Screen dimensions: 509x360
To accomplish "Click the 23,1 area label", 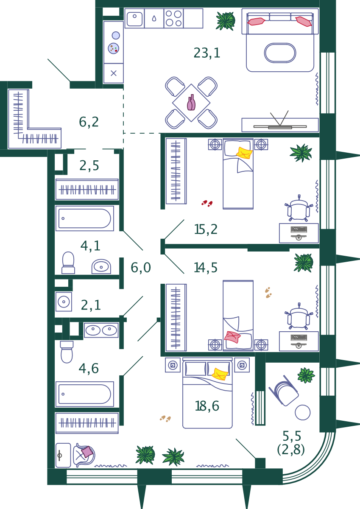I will (x=207, y=53).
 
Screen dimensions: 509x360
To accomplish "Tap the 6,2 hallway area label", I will (x=89, y=122).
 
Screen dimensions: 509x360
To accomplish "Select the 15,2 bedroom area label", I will (x=206, y=229).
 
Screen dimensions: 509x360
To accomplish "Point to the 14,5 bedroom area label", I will (x=206, y=268).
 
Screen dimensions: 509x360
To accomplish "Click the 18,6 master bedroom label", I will (x=207, y=406).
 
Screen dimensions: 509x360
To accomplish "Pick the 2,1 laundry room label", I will (x=91, y=305).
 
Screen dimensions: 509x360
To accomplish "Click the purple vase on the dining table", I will (x=191, y=103).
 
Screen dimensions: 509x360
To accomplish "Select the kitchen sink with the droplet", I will (x=154, y=19).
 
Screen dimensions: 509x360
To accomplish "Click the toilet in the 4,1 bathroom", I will (x=68, y=263).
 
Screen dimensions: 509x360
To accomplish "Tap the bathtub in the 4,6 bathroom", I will (x=84, y=394).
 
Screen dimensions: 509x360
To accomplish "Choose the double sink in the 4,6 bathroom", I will (x=101, y=330).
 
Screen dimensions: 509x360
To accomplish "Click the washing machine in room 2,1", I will (x=64, y=302).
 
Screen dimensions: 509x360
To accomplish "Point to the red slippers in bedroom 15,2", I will (x=207, y=204).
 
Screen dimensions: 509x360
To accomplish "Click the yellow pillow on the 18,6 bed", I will (x=220, y=374).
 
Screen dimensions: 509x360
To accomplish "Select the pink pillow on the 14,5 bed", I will (x=232, y=337).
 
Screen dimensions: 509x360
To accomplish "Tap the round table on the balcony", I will (x=303, y=412).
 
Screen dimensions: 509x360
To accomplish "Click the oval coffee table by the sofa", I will (x=280, y=53).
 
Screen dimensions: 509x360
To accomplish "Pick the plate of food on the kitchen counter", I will (x=114, y=48).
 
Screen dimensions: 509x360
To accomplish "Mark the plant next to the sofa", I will (x=225, y=20).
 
